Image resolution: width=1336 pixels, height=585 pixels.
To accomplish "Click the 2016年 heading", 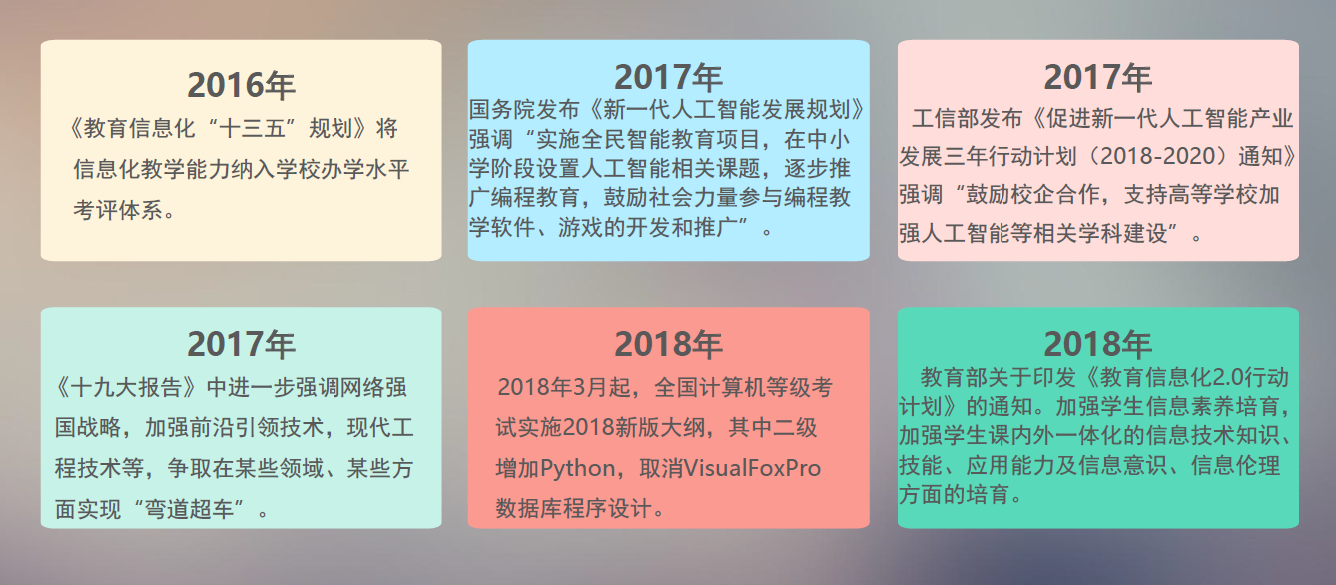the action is [241, 85].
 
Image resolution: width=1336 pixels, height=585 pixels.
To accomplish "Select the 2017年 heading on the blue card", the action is [668, 77].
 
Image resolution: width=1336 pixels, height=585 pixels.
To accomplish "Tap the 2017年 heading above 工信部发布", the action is [1097, 77].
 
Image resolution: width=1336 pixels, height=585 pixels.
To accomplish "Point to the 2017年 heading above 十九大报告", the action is [241, 344].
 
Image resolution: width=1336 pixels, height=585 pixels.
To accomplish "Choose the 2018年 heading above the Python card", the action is [668, 344].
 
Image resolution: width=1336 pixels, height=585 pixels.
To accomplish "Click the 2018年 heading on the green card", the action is [1097, 344].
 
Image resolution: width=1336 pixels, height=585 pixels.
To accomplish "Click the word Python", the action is [578, 469].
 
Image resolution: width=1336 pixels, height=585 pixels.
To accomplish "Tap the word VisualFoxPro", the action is [752, 469].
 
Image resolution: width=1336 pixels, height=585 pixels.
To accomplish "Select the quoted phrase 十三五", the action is [253, 128].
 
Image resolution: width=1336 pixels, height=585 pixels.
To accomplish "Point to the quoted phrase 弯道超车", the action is [189, 509].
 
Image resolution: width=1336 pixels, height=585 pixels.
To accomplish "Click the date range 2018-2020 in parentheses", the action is [1157, 157].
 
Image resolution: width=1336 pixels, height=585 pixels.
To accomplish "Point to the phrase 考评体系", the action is [118, 210].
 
